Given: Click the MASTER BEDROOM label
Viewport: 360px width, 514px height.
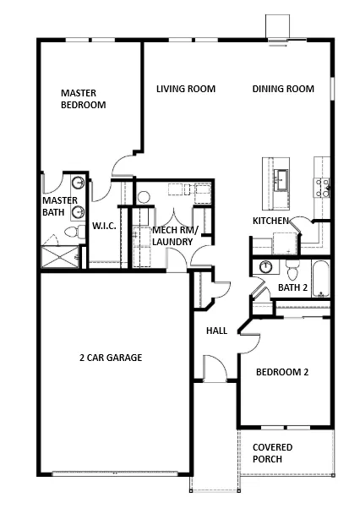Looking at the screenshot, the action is tap(83, 99).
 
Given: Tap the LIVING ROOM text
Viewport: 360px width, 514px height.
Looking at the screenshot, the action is tap(186, 89).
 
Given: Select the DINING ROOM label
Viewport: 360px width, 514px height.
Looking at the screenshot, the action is tap(283, 89).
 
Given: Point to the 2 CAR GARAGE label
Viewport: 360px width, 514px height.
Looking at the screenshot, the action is tap(111, 358).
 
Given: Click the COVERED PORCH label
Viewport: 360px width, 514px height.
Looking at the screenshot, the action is tap(272, 453).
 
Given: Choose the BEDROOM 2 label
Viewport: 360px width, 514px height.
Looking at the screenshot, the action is tap(282, 372).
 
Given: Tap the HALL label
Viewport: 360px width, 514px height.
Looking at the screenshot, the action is tap(216, 331).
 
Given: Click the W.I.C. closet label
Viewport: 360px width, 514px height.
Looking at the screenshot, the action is tap(104, 226).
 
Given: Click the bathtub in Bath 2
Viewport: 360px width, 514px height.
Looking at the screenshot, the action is tap(320, 279).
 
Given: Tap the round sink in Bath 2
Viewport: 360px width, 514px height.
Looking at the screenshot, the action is tap(265, 266).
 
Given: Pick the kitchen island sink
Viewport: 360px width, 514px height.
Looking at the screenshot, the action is tap(281, 179).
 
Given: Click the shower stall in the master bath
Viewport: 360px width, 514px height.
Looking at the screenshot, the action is tap(60, 257).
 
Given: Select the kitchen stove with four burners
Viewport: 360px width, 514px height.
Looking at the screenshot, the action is tap(322, 188).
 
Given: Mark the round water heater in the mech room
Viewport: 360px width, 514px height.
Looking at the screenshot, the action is tap(144, 197).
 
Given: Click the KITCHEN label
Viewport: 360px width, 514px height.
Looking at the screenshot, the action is tap(270, 221).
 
